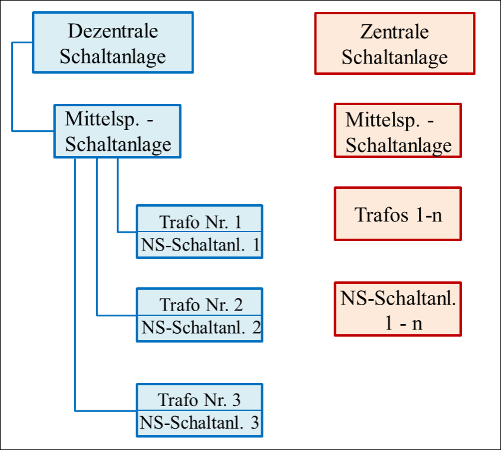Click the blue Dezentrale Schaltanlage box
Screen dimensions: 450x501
click(x=113, y=43)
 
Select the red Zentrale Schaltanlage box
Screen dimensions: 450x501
click(x=395, y=43)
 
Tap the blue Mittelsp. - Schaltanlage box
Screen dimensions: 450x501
click(x=118, y=131)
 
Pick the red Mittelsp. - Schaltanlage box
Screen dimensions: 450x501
click(x=398, y=131)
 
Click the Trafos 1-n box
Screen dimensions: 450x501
click(x=398, y=214)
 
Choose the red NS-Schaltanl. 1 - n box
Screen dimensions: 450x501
click(x=398, y=309)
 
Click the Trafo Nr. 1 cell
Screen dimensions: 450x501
click(x=199, y=222)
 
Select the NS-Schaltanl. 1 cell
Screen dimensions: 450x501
click(x=199, y=245)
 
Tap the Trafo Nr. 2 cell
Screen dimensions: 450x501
click(x=199, y=305)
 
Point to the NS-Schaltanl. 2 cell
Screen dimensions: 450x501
click(x=199, y=328)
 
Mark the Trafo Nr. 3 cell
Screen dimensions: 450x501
click(x=199, y=400)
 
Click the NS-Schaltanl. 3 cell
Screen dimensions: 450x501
click(x=199, y=423)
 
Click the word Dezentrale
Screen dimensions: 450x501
click(x=113, y=31)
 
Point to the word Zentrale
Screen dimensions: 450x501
click(x=394, y=31)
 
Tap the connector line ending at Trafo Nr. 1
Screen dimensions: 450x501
click(x=118, y=196)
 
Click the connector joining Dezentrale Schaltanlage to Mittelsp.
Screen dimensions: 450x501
click(x=12, y=87)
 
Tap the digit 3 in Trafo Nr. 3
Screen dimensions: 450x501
click(x=237, y=400)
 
